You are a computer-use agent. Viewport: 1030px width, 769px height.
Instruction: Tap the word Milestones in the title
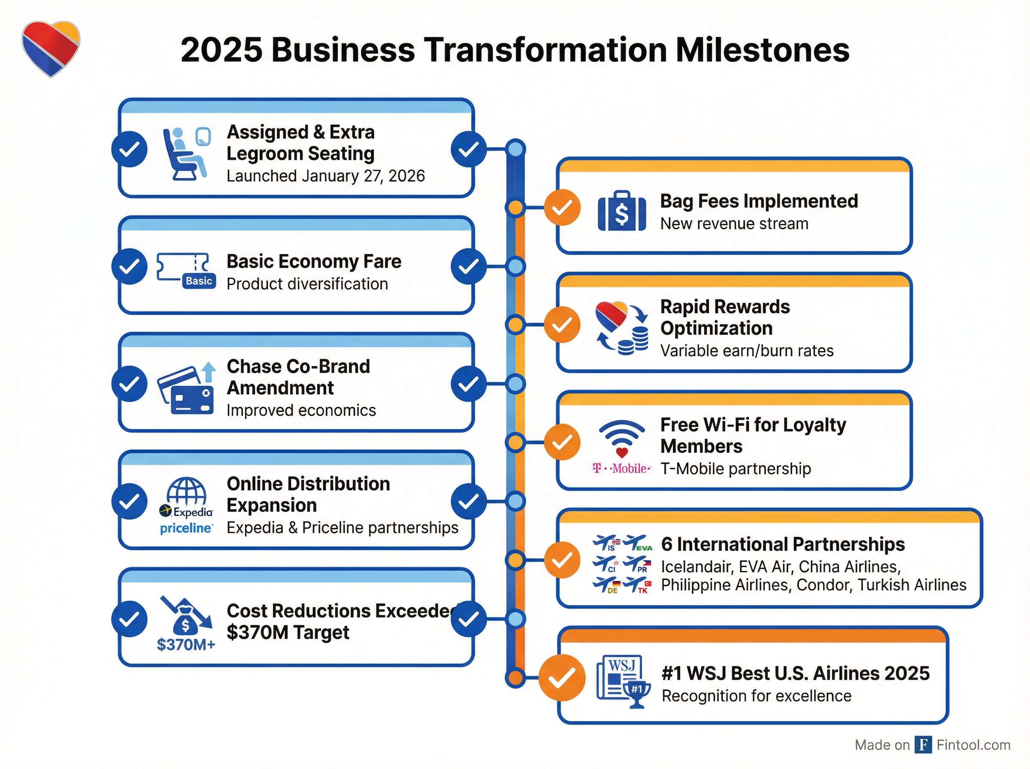coord(762,50)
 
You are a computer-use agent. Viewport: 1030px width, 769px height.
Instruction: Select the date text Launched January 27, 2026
coord(325,176)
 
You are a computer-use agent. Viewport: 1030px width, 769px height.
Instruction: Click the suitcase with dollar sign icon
coord(621,212)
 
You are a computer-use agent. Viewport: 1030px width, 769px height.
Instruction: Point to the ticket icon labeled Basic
coord(187,270)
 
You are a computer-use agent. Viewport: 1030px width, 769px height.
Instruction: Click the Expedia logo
coord(186,512)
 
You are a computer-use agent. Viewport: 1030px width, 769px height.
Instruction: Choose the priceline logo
coord(186,528)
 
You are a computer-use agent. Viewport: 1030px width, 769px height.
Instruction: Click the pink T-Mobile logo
coord(621,468)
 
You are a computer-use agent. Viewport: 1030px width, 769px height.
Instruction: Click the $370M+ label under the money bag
coord(186,644)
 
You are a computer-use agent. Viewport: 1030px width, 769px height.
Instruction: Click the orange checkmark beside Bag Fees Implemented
coord(562,208)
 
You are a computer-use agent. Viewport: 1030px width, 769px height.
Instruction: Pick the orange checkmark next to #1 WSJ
coord(562,677)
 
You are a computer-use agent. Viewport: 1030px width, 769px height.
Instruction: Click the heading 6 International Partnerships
coord(783,544)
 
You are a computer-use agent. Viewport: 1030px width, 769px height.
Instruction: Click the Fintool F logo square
coord(923,745)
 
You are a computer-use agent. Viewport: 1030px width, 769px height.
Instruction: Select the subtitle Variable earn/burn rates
coord(747,351)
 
